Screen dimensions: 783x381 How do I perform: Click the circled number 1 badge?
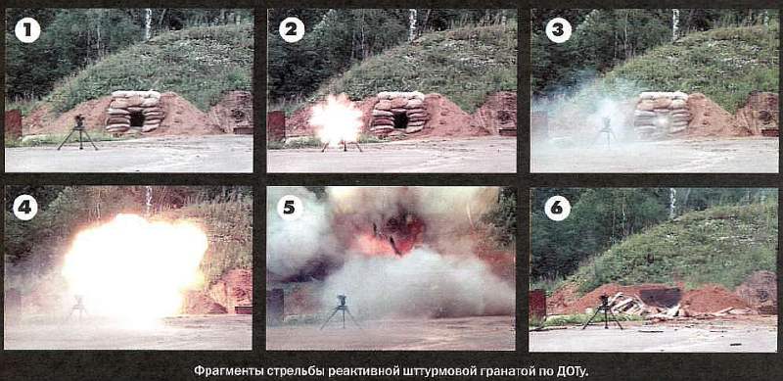click(x=27, y=31)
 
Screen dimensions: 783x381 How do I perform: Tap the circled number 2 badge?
click(x=292, y=30)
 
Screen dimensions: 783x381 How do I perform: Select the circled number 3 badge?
click(x=558, y=30)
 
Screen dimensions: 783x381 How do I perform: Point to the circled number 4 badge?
click(x=25, y=208)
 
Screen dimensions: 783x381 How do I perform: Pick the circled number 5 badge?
click(x=290, y=208)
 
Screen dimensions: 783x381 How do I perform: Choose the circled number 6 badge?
click(x=557, y=208)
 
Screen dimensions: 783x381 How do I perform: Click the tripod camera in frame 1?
click(x=78, y=132)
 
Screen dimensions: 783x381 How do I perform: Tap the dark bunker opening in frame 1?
click(x=137, y=119)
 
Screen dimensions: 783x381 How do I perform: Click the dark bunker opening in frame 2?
click(x=400, y=120)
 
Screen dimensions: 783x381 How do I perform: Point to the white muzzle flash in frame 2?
click(x=336, y=120)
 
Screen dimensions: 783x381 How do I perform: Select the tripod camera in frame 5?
click(x=341, y=311)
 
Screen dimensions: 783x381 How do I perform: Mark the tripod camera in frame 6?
click(x=603, y=311)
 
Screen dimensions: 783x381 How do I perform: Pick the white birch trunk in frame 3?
click(x=675, y=24)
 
